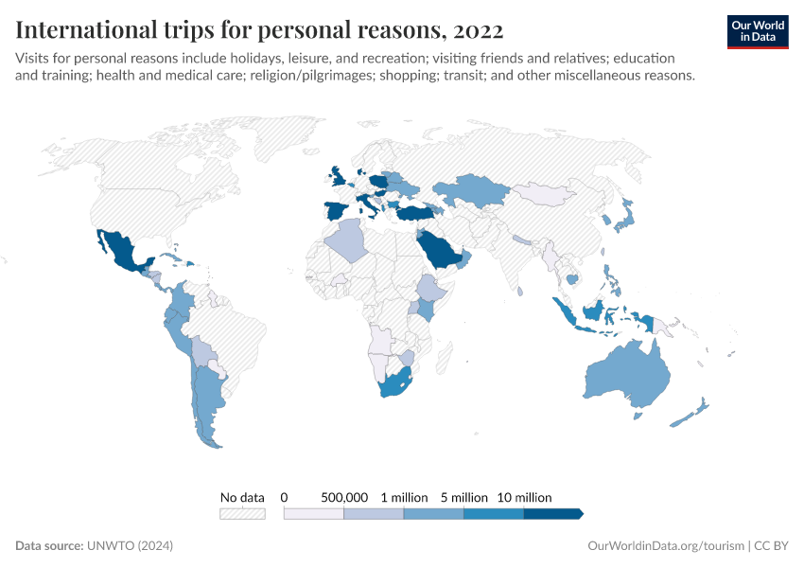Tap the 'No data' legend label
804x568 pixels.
[242, 497]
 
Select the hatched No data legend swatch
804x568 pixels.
[242, 514]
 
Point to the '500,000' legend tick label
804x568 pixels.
[344, 497]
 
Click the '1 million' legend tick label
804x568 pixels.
[404, 497]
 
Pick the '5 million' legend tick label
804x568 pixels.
[463, 497]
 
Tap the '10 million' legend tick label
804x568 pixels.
[524, 497]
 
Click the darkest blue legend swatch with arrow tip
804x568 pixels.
[552, 514]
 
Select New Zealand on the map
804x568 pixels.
[698, 410]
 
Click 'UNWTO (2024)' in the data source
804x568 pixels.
[130, 546]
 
